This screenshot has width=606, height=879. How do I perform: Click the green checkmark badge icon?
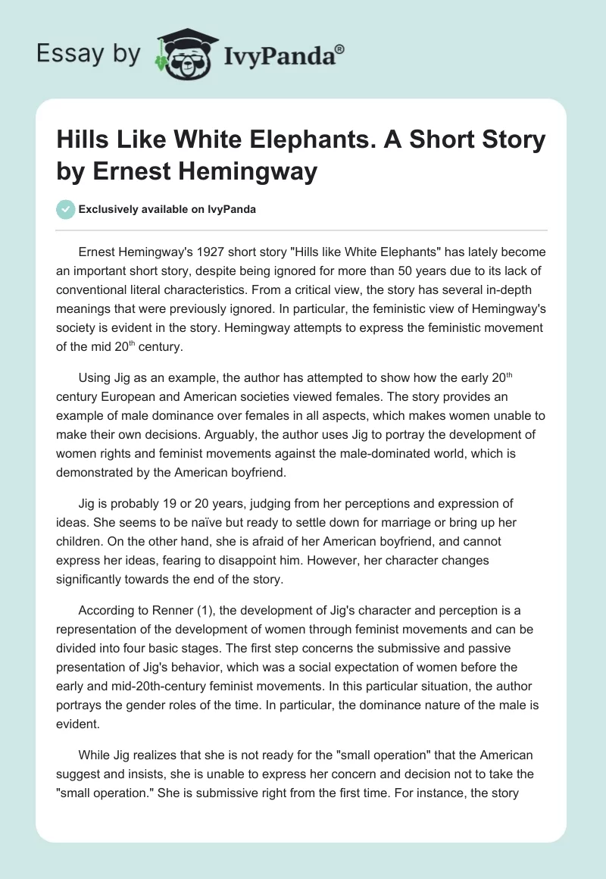click(67, 209)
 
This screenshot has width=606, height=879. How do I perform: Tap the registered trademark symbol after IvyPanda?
click(340, 48)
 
